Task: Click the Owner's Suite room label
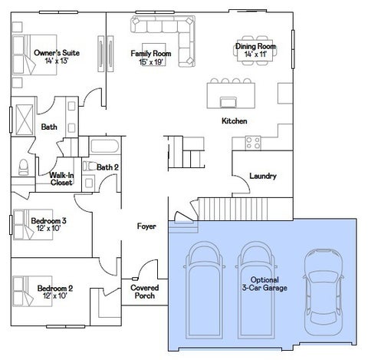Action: tap(57, 53)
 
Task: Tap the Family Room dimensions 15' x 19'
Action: tap(151, 62)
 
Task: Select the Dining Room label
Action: tap(255, 46)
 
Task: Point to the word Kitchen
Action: tap(235, 121)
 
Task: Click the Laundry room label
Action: tap(263, 176)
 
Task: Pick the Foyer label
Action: tap(146, 226)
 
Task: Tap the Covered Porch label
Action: tap(145, 292)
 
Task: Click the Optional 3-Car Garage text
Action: tap(264, 284)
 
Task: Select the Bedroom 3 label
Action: tap(48, 220)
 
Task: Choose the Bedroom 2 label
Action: tap(55, 289)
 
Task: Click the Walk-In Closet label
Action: tap(61, 179)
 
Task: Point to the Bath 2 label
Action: tap(107, 167)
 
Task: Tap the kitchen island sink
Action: tap(228, 102)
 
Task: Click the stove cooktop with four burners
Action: tap(253, 143)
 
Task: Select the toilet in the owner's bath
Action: tap(24, 167)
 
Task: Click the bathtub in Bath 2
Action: tap(105, 146)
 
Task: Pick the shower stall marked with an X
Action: tap(25, 120)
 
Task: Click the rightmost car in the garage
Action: tap(323, 292)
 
